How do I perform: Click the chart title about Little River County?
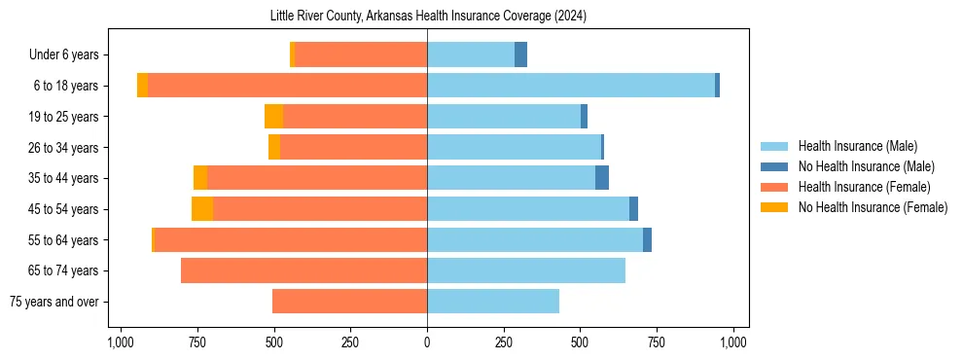coord(428,17)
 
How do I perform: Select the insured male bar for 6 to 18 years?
coord(571,86)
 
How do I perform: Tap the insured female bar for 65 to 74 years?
coord(303,270)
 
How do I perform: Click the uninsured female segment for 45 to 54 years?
coord(202,209)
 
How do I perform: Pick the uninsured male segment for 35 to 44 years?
coord(602,178)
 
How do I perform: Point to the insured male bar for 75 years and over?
coord(493,302)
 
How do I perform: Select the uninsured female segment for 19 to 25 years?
coord(273,117)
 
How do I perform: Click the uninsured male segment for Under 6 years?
coord(520,54)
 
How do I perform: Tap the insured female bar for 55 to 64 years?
coord(291,240)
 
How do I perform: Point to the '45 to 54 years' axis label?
coord(65,209)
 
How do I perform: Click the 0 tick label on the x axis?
coord(427,342)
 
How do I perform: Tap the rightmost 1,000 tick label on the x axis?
coord(733,342)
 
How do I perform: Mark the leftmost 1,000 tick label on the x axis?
coord(121,342)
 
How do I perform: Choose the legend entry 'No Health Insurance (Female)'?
coord(873,207)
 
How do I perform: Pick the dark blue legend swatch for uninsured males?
coord(774,166)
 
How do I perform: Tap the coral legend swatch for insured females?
coord(774,187)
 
